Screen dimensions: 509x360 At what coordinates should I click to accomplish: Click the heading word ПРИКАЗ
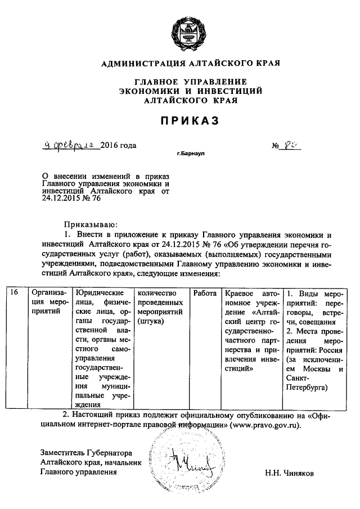190,120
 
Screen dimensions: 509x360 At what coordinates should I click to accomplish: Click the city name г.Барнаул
190,154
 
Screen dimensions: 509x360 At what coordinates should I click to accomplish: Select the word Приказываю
89,223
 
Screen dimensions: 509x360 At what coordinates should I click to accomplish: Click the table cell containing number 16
15,292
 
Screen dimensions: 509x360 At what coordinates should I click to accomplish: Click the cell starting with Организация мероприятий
50,298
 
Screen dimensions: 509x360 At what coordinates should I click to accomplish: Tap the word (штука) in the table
148,321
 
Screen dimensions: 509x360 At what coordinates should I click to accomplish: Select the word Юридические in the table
100,293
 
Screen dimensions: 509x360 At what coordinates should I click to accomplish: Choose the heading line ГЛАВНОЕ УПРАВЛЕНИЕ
190,82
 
